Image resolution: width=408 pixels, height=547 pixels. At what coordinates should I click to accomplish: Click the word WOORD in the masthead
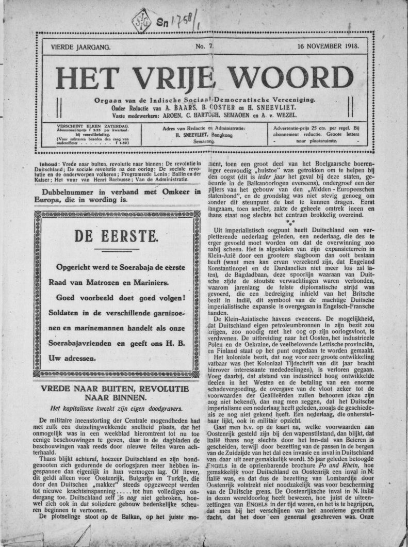291,78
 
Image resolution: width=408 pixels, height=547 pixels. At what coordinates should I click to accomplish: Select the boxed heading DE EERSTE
115,237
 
